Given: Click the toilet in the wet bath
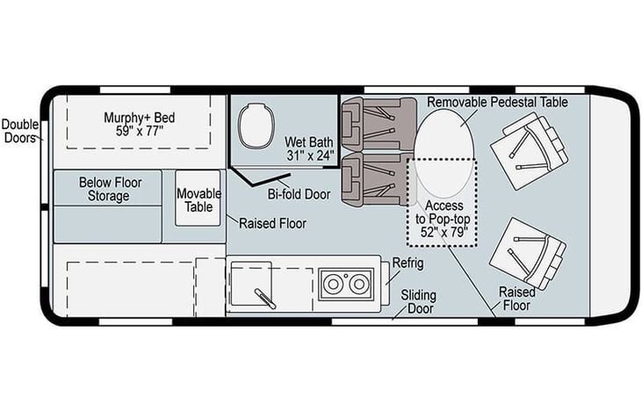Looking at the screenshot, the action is [256, 126].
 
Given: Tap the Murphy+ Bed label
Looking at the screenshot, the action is [140, 118].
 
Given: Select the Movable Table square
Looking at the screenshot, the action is [198, 199].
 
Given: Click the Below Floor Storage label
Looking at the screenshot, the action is [110, 189].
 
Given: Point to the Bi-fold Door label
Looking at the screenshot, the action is [299, 194].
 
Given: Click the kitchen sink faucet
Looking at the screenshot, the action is [265, 298].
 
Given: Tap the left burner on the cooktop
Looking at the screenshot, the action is [333, 284].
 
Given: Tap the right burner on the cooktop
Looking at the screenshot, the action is [359, 284].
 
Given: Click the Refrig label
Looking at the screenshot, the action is [408, 264].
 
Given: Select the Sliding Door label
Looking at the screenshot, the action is [419, 302].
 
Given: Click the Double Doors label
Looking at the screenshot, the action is [20, 131].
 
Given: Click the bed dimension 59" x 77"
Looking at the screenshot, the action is [140, 131].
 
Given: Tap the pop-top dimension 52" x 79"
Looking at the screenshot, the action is [444, 232].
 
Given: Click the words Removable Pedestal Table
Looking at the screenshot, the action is [497, 102].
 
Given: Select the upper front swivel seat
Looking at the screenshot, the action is [529, 151].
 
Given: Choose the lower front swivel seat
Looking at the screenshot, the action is [528, 254].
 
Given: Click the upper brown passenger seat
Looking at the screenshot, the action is [379, 124].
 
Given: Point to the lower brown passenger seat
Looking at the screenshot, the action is [378, 178].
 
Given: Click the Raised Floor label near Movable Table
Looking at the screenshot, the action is [272, 224].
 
